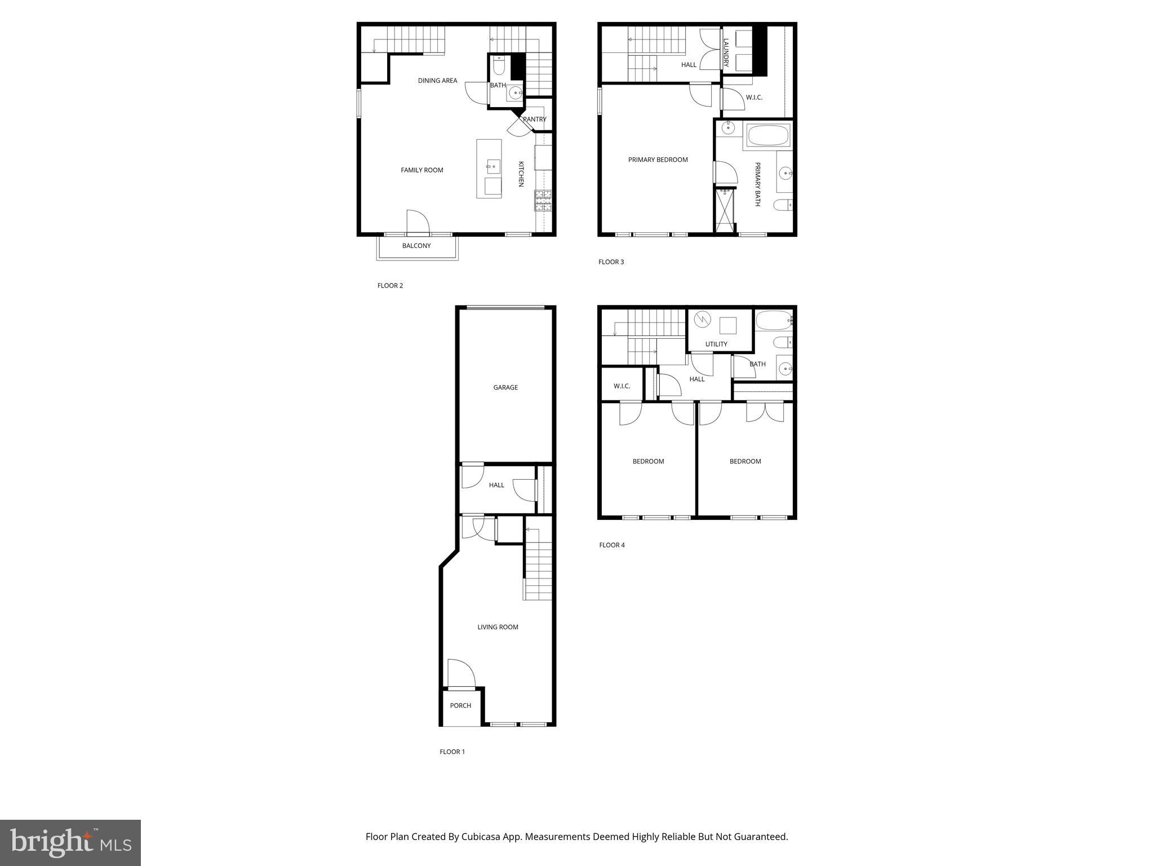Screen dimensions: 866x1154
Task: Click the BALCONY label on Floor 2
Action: tap(416, 246)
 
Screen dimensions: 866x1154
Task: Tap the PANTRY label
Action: tap(534, 120)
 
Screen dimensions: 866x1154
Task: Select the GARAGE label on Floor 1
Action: tap(505, 388)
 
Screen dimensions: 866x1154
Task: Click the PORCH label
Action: tap(460, 706)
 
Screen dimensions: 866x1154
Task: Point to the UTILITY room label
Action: tap(716, 344)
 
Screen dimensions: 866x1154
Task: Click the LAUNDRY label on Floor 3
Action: tap(726, 52)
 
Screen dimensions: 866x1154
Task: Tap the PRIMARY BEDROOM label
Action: tap(658, 160)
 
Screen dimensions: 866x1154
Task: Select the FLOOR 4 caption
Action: tap(612, 545)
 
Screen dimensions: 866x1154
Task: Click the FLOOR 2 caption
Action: tap(390, 286)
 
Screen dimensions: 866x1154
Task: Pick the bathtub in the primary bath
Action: tap(768, 135)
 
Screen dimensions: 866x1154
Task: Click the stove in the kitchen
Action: tap(543, 201)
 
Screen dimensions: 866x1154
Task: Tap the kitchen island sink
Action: tap(494, 166)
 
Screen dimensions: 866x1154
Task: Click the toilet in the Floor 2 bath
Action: tap(499, 66)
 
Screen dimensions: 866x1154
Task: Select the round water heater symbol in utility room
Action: tap(702, 320)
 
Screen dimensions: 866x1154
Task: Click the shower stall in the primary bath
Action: tap(725, 211)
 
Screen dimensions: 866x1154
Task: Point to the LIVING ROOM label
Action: tap(498, 628)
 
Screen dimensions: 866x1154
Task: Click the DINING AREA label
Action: tap(437, 81)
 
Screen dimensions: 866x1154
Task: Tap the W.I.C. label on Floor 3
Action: tap(754, 98)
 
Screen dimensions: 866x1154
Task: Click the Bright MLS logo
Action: tap(70, 842)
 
